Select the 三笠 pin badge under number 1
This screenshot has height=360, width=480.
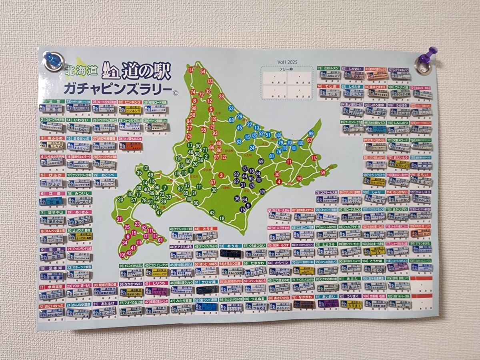click(52, 108)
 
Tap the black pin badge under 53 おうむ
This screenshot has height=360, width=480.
click(231, 253)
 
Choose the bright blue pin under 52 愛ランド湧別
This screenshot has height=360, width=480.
click(206, 307)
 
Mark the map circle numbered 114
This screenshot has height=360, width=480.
click(191, 70)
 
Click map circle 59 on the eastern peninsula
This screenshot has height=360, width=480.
click(323, 172)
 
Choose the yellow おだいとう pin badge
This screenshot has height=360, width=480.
click(400, 164)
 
